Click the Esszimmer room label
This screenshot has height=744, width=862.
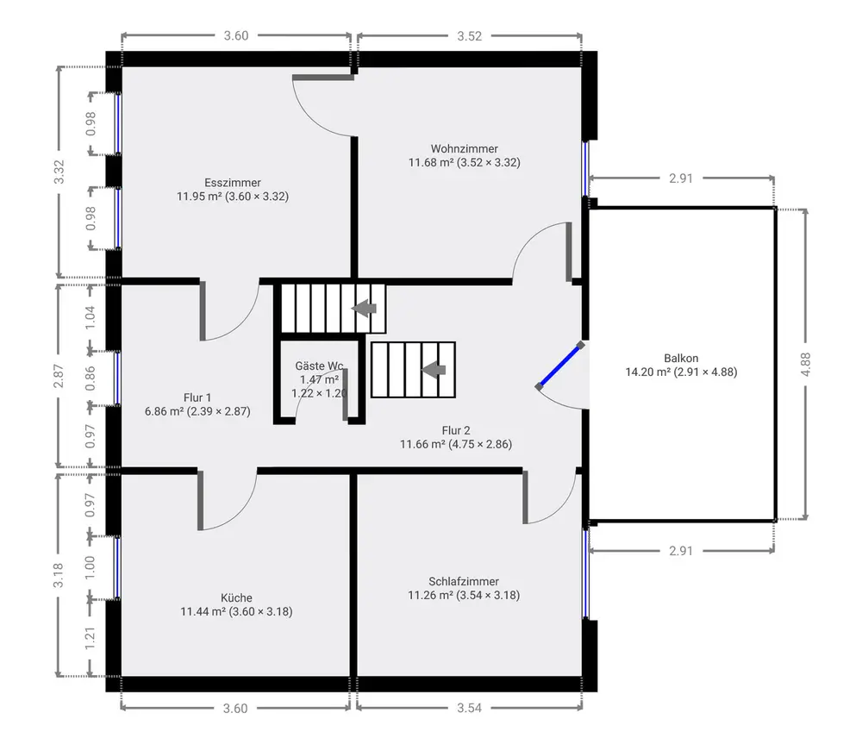coord(233,183)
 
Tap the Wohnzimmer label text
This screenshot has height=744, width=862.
coord(464,148)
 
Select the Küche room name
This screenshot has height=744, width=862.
coord(236,597)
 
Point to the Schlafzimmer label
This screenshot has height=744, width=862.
coord(464,581)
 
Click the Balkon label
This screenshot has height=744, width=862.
coord(681,358)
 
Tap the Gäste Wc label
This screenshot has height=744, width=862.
coord(320,366)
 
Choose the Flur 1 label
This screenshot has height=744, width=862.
coord(197,397)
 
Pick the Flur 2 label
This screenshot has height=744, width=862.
coord(456,430)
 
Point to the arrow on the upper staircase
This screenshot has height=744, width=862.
coord(364,308)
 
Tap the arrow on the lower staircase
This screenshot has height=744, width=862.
coord(434,370)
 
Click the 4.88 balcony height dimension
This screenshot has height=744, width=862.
coord(805,364)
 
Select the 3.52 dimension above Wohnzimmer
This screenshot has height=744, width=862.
coord(470,36)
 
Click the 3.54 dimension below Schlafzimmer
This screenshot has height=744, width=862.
coord(470,708)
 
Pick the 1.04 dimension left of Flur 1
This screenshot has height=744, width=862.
coord(91,317)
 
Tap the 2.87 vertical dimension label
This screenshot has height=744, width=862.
coord(59,376)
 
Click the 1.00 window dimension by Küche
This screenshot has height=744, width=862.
coord(91,567)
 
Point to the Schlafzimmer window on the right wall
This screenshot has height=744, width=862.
coord(586,573)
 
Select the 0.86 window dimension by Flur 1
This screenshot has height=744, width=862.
coord(91,378)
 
